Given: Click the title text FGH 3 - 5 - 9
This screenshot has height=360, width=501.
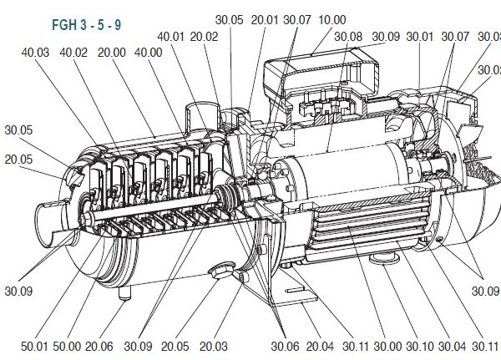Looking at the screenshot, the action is (87, 25).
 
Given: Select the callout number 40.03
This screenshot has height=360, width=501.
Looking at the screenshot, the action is (35, 53).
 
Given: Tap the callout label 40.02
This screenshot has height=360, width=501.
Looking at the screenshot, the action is (73, 53).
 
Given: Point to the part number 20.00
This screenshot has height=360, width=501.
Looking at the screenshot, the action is (112, 53).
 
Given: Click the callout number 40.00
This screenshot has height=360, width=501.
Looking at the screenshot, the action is (149, 53).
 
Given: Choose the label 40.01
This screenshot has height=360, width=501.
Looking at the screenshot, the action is (171, 37).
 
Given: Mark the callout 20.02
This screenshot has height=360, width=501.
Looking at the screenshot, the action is (204, 37).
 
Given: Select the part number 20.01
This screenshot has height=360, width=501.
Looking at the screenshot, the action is (265, 20).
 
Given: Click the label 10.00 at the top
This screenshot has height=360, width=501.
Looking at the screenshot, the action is (332, 20).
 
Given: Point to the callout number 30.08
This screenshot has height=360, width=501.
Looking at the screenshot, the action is (348, 37).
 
